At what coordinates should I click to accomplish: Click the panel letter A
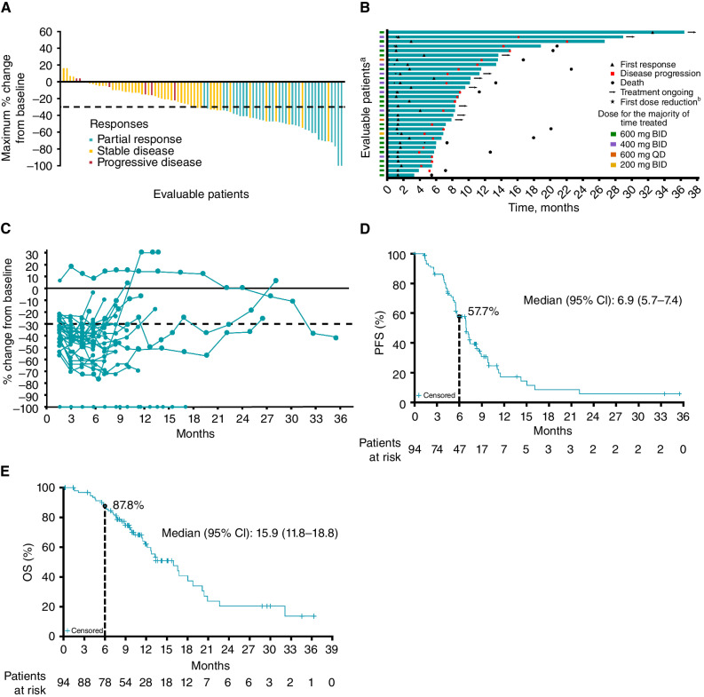[x=7, y=9]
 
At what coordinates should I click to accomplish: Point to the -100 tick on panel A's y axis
[x=42, y=166]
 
